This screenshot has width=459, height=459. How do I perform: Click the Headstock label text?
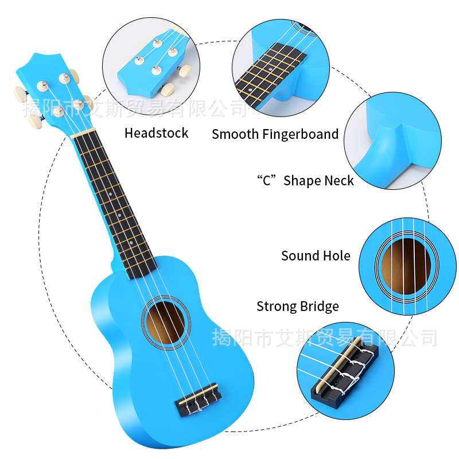point(156,133)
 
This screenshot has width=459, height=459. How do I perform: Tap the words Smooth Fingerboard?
point(275,134)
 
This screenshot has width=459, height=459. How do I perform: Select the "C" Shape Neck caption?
point(305,180)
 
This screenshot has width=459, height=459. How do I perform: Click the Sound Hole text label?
point(316,256)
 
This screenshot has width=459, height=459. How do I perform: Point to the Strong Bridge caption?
point(297,306)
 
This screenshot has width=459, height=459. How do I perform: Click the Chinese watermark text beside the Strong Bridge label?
point(325,337)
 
